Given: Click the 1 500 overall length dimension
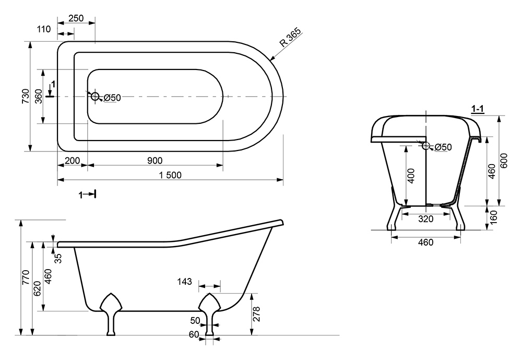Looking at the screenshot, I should pos(170,175).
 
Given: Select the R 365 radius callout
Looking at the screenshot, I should pos(290,40).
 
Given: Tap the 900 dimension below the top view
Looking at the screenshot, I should pos(155,161).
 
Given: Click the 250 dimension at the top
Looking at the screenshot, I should pos(76,18).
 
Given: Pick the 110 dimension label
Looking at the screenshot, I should pos(44,29).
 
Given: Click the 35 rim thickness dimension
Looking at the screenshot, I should pos(58,258).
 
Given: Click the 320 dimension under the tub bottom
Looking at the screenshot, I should pos(426,219).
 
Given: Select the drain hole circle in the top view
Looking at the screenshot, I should pos(94,96).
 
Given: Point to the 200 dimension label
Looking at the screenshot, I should pos(73,161).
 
